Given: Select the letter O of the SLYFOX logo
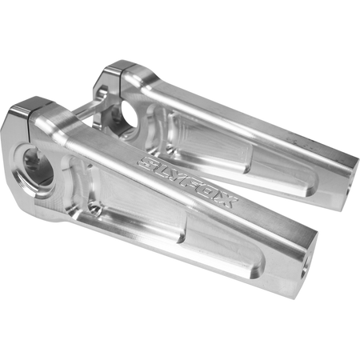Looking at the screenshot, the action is click(210, 194).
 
